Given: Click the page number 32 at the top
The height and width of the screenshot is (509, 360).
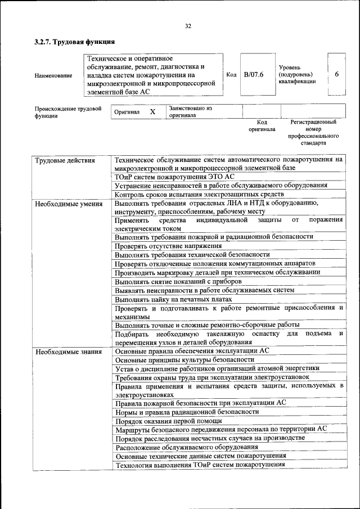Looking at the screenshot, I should [x=188, y=26].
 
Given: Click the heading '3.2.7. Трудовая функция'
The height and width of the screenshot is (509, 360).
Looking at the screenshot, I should [x=74, y=42].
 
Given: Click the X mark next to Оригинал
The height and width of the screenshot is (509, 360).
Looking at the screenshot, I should [x=152, y=112].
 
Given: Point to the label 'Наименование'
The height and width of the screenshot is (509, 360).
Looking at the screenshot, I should [x=53, y=75].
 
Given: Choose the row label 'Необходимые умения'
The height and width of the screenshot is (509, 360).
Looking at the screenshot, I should [x=69, y=204].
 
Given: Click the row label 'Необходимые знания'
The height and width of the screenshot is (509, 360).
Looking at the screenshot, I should [x=69, y=352].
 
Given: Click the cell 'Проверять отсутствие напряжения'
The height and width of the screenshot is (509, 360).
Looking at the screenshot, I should [x=168, y=246].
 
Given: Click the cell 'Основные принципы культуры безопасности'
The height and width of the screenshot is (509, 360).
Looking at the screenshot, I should [x=184, y=359].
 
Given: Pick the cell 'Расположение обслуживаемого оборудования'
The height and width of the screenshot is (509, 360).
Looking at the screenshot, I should [x=187, y=447].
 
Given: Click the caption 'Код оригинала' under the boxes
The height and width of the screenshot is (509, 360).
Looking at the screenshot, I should [x=262, y=125].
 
